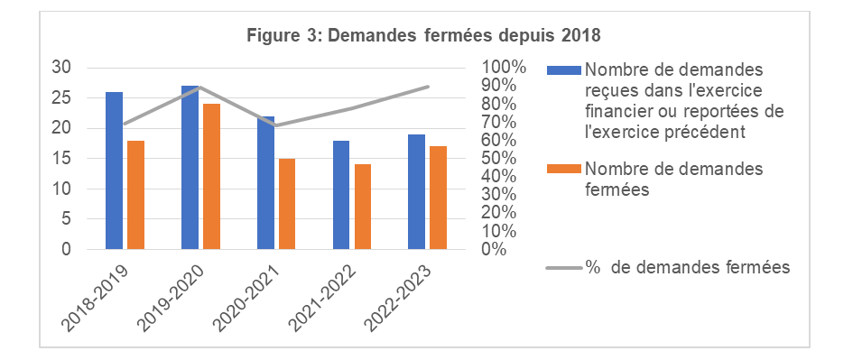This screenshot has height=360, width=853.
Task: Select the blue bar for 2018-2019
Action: pyautogui.click(x=114, y=171)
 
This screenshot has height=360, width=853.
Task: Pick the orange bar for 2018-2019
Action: pyautogui.click(x=135, y=195)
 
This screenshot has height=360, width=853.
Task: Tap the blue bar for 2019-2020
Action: pyautogui.click(x=190, y=168)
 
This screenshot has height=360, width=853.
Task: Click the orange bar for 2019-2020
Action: pyautogui.click(x=211, y=177)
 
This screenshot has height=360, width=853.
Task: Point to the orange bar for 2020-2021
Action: pyautogui.click(x=287, y=204)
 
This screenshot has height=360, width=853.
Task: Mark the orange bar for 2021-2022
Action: pyautogui.click(x=363, y=207)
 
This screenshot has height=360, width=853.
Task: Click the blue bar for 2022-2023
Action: pyautogui.click(x=417, y=192)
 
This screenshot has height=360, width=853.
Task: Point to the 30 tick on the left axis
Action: pyautogui.click(x=60, y=67)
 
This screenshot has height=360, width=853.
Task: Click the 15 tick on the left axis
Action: pyautogui.click(x=60, y=159)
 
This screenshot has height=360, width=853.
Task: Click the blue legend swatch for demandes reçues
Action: pyautogui.click(x=564, y=70)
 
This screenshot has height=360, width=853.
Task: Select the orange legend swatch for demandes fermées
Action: pyautogui.click(x=564, y=170)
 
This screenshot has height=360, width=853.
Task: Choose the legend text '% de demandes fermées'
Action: pyautogui.click(x=688, y=267)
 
